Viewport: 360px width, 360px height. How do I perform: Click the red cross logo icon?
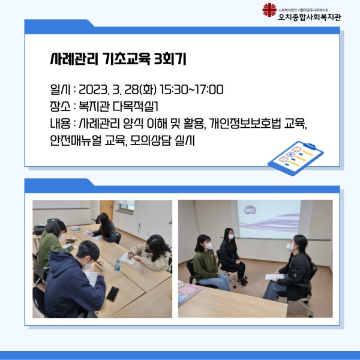[x=269, y=10]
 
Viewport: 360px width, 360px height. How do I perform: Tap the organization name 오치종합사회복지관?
[x=310, y=17]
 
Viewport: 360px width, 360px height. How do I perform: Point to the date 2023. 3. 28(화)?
[x=118, y=89]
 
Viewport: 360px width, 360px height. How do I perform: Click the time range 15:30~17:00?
[x=191, y=89]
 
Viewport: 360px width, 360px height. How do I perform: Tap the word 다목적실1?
[x=135, y=107]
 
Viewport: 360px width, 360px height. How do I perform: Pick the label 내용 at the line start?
[x=60, y=124]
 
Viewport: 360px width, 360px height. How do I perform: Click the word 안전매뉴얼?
[x=76, y=140]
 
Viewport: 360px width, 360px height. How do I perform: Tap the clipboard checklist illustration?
[x=296, y=158]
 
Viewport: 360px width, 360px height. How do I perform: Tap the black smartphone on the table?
[x=113, y=293]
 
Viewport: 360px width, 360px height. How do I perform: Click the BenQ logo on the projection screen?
[x=250, y=210]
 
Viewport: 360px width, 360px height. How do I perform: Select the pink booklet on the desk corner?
[x=189, y=293]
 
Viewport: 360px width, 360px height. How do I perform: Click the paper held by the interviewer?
[x=274, y=277]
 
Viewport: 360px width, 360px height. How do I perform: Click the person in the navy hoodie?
[x=73, y=281]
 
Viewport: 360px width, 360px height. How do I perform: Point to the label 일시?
[x=60, y=89]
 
